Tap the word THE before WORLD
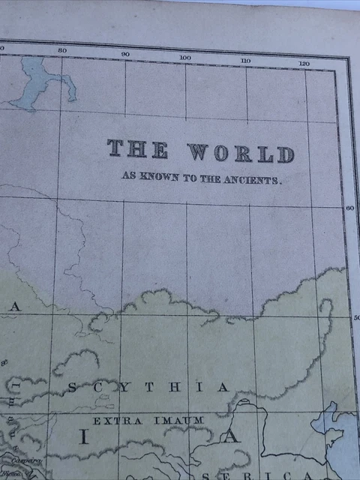(x=137, y=148)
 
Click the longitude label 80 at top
(x=62, y=50)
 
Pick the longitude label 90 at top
(x=125, y=54)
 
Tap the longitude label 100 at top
(x=185, y=58)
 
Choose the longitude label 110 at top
(x=245, y=60)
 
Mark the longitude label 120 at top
(x=304, y=64)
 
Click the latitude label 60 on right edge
(x=349, y=208)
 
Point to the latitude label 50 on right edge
(x=356, y=318)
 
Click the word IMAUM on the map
(x=178, y=421)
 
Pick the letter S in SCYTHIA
(x=73, y=387)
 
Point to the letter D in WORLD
(x=285, y=155)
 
